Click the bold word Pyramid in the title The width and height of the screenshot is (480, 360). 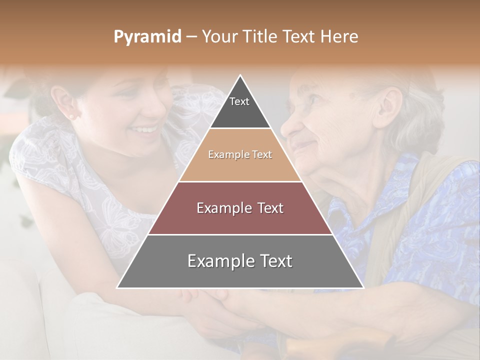tap(147, 37)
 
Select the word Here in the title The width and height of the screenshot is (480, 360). tap(339, 37)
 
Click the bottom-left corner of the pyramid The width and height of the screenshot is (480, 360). tap(118, 287)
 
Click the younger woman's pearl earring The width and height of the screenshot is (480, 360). tap(70, 117)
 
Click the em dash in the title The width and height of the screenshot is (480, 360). tap(191, 37)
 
